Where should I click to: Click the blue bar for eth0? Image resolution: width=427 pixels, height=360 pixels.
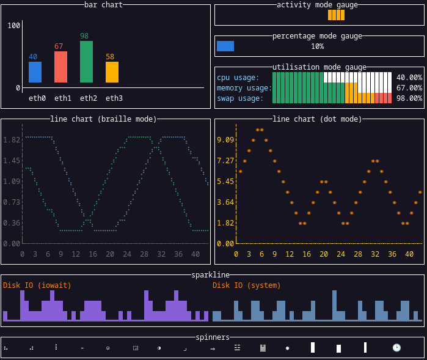pos(35,72)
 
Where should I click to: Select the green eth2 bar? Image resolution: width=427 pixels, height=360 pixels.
pos(86,62)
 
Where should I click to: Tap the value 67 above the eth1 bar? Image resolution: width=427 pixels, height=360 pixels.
pos(59,46)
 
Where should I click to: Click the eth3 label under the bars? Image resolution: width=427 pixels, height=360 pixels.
pos(114,98)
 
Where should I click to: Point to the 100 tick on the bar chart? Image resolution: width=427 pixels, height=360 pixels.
pos(14,26)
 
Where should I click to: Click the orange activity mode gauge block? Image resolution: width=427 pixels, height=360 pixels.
pos(336,15)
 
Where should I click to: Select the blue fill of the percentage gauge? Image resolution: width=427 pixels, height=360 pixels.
pos(225,46)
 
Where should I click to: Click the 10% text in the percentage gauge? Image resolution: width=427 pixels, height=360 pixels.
pos(317,46)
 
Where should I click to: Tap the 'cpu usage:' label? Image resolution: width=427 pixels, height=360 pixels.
pos(238,78)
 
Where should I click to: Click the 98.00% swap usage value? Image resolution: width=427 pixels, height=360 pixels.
pos(409,98)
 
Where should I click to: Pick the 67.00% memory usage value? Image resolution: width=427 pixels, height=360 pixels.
pos(409,88)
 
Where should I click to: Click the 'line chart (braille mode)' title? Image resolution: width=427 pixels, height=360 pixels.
pos(103,119)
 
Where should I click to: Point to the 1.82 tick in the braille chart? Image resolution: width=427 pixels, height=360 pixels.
pos(12,140)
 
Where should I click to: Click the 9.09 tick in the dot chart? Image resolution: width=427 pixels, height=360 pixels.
pos(225,140)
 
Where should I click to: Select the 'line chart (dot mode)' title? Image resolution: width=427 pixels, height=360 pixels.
pos(317,119)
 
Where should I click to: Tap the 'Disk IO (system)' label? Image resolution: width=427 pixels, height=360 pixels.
pos(247,285)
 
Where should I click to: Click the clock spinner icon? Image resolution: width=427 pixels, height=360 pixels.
pos(396,348)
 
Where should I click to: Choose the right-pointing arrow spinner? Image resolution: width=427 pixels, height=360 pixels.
pos(213,348)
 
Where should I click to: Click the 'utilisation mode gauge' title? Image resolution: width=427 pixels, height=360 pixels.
pos(319,67)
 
